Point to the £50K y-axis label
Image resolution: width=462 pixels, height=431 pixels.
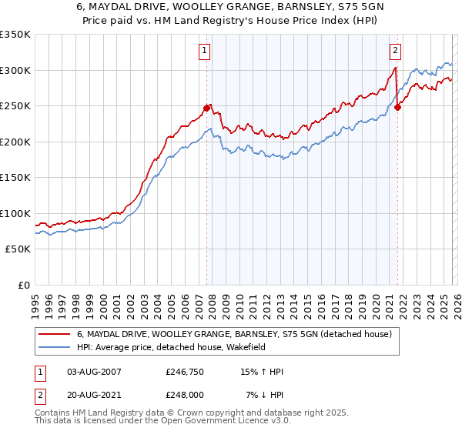(x=17, y=249)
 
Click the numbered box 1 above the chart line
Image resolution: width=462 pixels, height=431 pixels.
(x=206, y=52)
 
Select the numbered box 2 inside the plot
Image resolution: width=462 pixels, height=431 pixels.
(x=395, y=52)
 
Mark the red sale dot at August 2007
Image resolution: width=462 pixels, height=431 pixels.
(x=206, y=108)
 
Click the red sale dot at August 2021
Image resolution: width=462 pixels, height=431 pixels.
(x=397, y=107)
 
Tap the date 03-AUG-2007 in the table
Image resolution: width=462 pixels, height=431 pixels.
(x=94, y=372)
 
